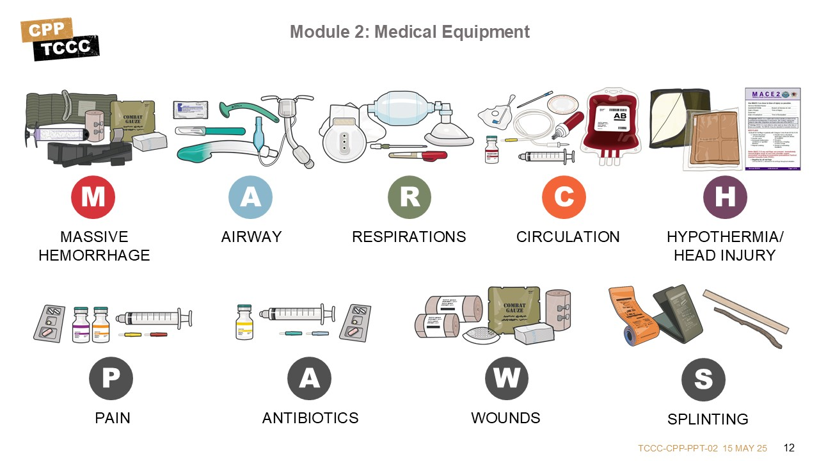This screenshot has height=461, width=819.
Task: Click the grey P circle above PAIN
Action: click(111, 378)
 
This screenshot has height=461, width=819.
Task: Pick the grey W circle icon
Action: click(506, 378)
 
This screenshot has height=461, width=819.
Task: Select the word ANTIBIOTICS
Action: click(310, 418)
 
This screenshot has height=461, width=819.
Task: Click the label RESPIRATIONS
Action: click(409, 237)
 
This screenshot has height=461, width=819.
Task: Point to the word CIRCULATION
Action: click(568, 237)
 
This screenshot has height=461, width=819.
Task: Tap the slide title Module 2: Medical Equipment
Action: click(409, 31)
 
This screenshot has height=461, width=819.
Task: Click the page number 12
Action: click(789, 447)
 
